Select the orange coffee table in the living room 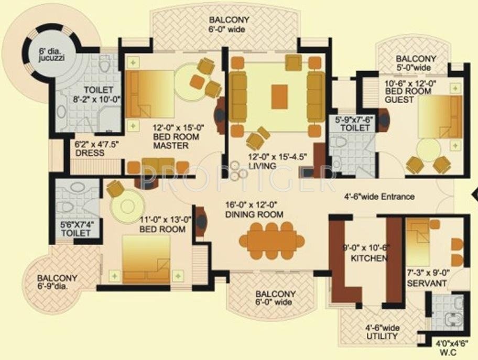279,96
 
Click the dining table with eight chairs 272,241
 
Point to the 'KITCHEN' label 369,258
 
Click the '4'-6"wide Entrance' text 379,197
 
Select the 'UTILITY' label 382,336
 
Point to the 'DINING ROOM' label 254,214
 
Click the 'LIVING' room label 263,166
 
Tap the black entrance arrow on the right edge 474,195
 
